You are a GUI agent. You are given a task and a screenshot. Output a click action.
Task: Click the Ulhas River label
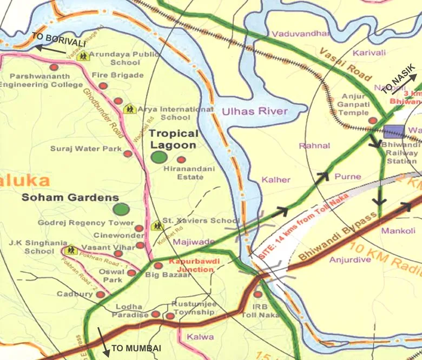pyautogui.click(x=254, y=112)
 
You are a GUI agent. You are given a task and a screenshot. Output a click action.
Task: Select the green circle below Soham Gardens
pyautogui.click(x=122, y=209)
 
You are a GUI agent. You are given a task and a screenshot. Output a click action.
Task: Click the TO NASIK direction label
pyautogui.click(x=398, y=79)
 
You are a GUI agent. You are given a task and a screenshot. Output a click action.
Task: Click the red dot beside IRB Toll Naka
pyautogui.click(x=258, y=294)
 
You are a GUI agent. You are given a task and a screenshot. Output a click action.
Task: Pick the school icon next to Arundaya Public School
pyautogui.click(x=82, y=56)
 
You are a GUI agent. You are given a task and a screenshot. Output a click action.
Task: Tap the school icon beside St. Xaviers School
pyautogui.click(x=157, y=224)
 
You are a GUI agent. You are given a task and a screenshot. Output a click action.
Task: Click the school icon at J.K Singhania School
pyautogui.click(x=69, y=250)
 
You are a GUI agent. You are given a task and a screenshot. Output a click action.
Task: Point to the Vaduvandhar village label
pyautogui.click(x=300, y=34)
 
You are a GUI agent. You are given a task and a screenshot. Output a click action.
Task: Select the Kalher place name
pyautogui.click(x=276, y=179)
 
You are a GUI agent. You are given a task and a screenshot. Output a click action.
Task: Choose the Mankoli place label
pyautogui.click(x=398, y=231)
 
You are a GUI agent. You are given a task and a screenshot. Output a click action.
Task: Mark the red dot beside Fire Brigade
pyautogui.click(x=103, y=86)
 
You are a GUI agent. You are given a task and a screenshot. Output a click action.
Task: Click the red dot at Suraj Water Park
pyautogui.click(x=128, y=154)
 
